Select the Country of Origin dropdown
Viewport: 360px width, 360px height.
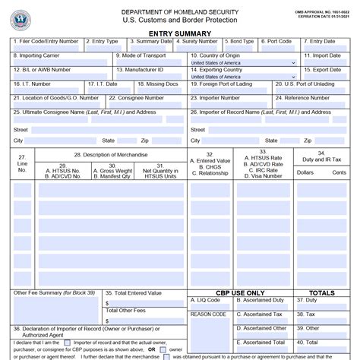point(243,63)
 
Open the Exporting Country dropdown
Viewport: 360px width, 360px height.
point(243,77)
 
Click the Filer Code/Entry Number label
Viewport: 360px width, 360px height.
point(46,42)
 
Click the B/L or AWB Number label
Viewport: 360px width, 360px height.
point(43,70)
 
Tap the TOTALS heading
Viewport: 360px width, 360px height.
point(321,292)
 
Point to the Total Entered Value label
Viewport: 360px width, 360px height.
point(134,292)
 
